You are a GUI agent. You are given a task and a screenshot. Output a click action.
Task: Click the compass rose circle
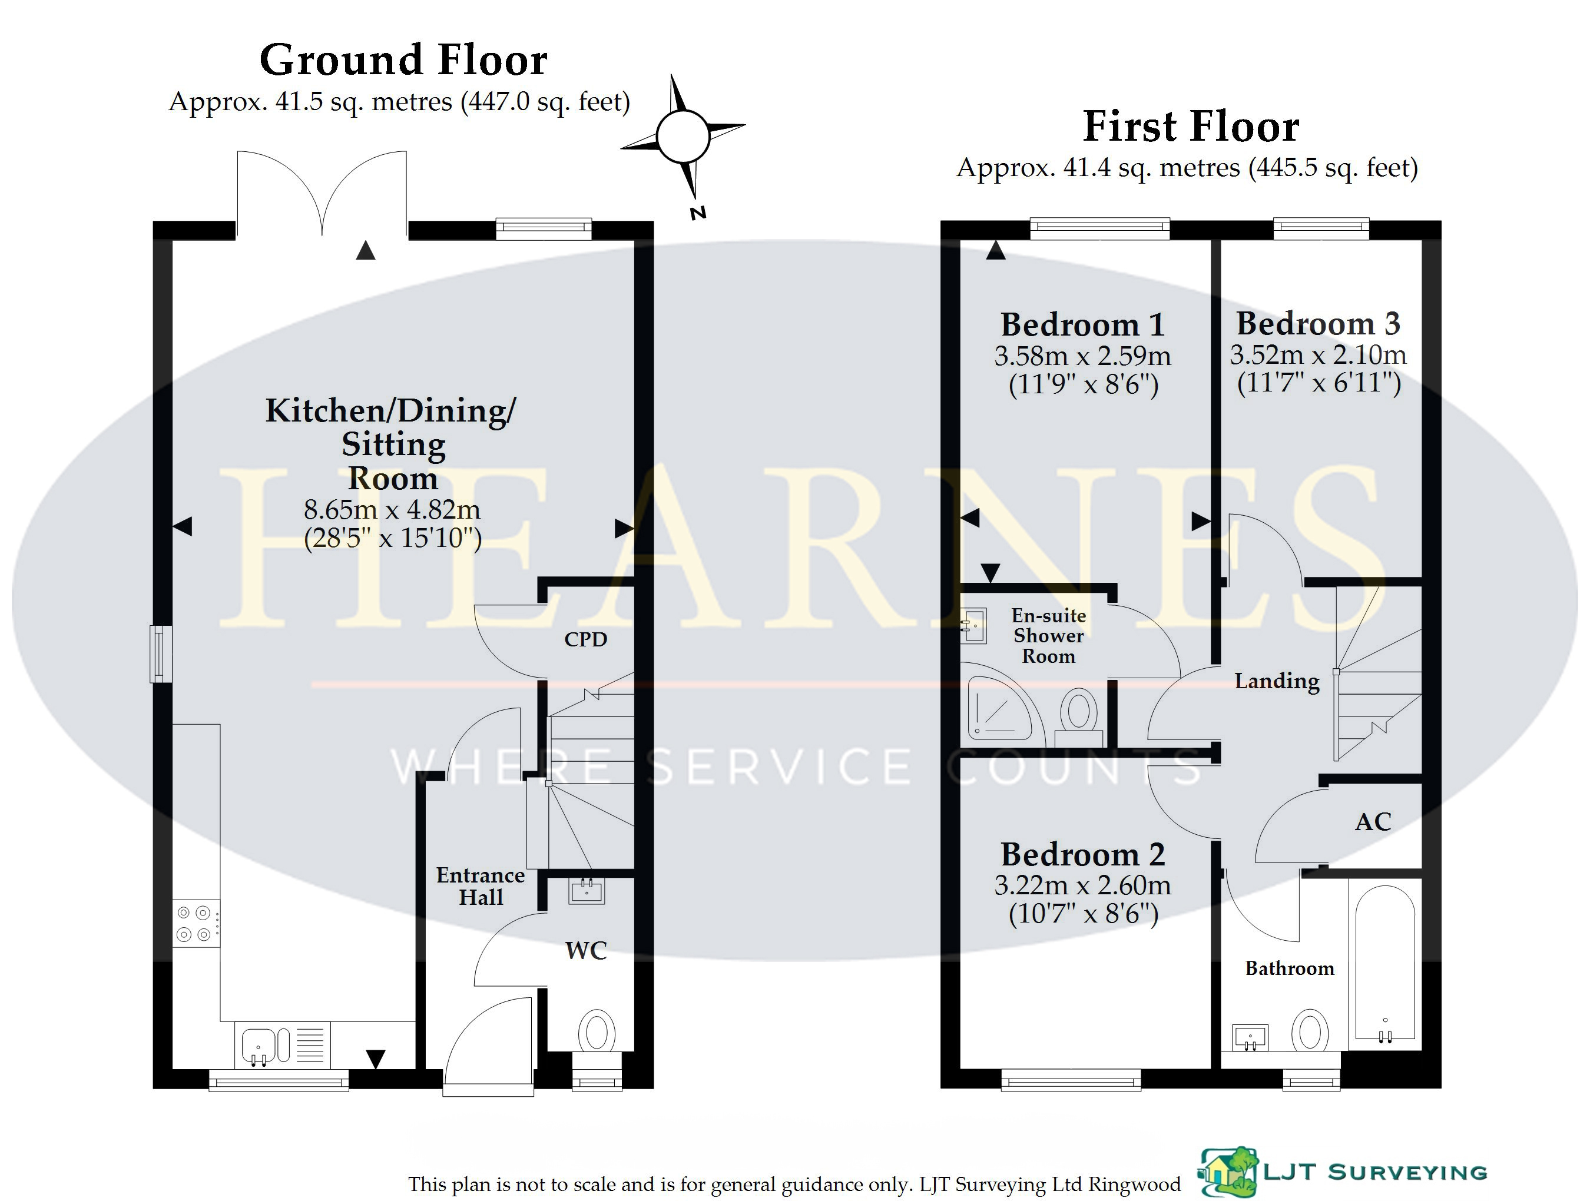(683, 136)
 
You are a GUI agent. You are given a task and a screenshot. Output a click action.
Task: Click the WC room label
(586, 950)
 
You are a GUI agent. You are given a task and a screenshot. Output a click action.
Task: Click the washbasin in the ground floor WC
(587, 891)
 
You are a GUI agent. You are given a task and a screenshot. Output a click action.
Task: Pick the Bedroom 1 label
(1082, 325)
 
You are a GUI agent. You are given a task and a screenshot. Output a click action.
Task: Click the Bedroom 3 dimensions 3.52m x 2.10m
(1317, 354)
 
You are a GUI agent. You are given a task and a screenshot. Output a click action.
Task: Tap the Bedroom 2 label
(1082, 855)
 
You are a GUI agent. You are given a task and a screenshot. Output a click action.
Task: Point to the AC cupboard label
(1373, 821)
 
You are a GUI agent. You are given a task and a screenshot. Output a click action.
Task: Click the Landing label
(1277, 681)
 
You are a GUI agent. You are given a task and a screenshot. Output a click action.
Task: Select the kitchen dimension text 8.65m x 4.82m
(392, 510)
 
